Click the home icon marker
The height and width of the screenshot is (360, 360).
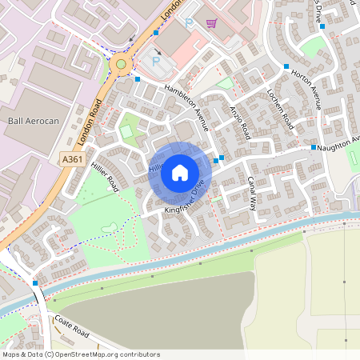180,173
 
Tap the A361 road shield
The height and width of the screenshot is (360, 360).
71,160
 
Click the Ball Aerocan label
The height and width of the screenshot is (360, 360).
34,120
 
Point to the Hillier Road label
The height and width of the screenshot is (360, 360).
104,175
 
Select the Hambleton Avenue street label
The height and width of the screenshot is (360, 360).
186,106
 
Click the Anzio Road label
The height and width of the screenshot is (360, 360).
239,122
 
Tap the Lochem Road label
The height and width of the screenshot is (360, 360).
279,109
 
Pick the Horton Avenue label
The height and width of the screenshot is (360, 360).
306,86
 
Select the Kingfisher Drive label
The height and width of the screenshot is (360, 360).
185,200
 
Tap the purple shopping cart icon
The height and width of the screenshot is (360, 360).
211,23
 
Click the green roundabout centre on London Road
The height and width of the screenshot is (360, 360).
121,64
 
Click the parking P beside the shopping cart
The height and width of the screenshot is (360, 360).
190,24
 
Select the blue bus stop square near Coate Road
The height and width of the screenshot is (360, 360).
35,282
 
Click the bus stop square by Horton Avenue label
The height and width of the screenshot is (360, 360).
286,66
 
